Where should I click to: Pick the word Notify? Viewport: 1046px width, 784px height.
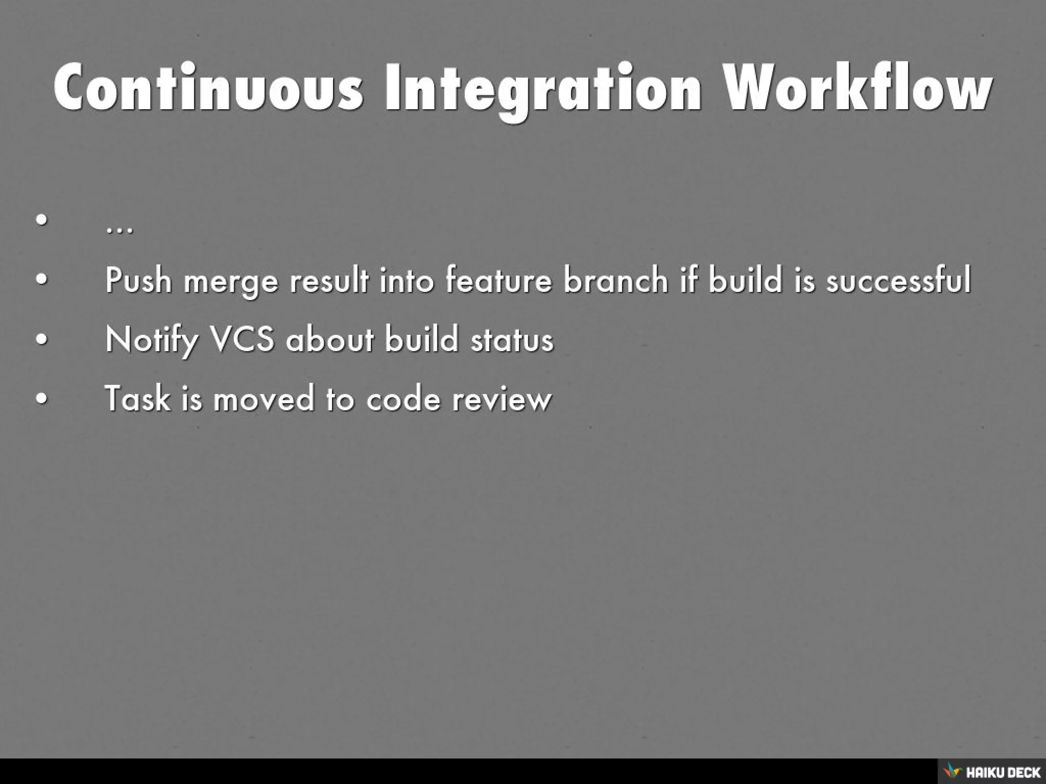click(152, 340)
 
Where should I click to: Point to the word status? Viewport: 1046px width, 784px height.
click(512, 339)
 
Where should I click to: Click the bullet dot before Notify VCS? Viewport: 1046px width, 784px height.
click(42, 339)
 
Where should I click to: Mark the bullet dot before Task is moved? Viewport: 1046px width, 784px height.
click(42, 398)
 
